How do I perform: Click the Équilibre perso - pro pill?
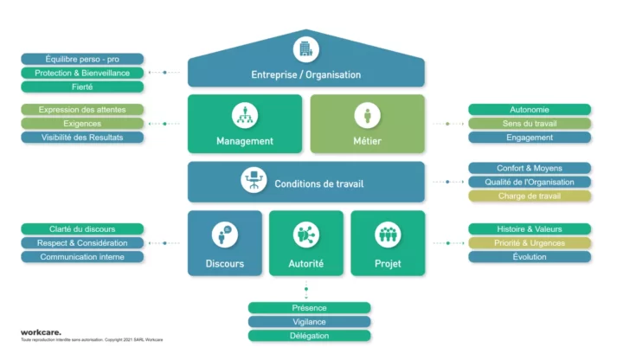(82, 59)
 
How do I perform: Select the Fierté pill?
(82, 87)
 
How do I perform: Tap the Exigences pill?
(82, 124)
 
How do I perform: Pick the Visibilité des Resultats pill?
(82, 138)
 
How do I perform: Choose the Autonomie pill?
(530, 110)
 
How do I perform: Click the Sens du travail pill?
(530, 124)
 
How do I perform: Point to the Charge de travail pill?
(530, 196)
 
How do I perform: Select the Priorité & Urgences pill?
(530, 243)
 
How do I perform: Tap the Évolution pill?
(530, 257)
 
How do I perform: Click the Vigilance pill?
(309, 321)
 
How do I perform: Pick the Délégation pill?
(309, 335)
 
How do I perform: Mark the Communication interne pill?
(82, 257)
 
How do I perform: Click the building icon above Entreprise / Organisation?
(305, 48)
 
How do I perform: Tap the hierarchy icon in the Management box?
(244, 115)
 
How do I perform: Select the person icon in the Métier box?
(368, 115)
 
